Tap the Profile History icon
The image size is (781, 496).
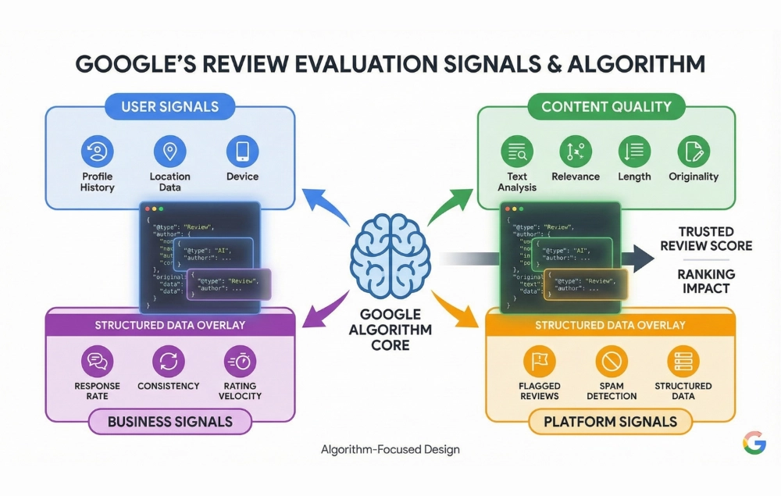pyautogui.click(x=98, y=150)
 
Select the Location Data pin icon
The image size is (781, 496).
pyautogui.click(x=169, y=150)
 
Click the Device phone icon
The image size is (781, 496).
pyautogui.click(x=242, y=150)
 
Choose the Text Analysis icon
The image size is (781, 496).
pyautogui.click(x=517, y=151)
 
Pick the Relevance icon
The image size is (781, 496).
pyautogui.click(x=576, y=151)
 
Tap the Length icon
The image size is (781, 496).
pyautogui.click(x=634, y=151)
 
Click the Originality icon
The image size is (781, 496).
pyautogui.click(x=694, y=151)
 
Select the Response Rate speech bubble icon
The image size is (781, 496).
pyautogui.click(x=98, y=361)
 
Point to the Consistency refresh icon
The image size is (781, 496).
pyautogui.click(x=169, y=361)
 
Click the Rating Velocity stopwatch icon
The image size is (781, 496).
pyautogui.click(x=240, y=361)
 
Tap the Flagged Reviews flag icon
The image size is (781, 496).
pyautogui.click(x=540, y=362)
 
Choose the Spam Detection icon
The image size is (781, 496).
pyautogui.click(x=612, y=362)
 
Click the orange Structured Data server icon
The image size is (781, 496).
pyautogui.click(x=683, y=362)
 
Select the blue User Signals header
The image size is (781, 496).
pyautogui.click(x=169, y=106)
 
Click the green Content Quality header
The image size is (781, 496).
pyautogui.click(x=606, y=107)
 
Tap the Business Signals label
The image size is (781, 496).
pyautogui.click(x=169, y=422)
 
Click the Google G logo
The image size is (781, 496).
pyautogui.click(x=754, y=443)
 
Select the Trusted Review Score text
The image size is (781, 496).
pyautogui.click(x=705, y=238)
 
